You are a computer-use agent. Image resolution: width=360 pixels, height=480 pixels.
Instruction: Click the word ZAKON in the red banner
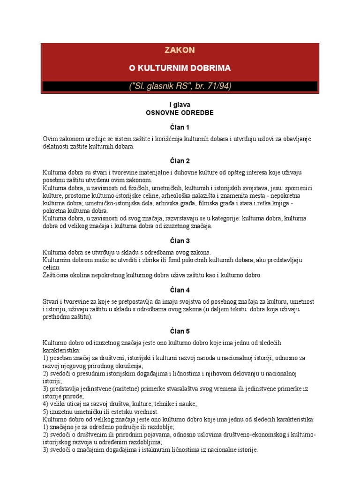(x=180, y=50)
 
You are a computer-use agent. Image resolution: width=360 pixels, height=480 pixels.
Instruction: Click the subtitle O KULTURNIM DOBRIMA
(x=180, y=68)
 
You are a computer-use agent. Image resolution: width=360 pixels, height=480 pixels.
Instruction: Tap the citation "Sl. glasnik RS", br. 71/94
(x=180, y=86)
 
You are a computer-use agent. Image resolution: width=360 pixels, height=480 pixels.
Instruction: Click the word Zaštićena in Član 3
(x=58, y=275)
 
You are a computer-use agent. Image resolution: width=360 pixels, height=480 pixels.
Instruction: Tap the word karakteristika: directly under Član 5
(x=61, y=350)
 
